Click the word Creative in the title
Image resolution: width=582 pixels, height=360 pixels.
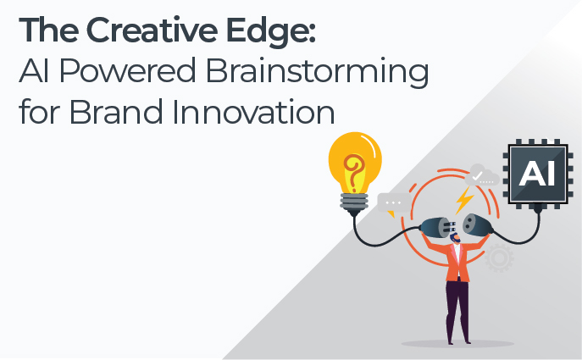[152, 30]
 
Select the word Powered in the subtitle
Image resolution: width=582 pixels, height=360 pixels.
[127, 70]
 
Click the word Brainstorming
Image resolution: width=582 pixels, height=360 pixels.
[318, 73]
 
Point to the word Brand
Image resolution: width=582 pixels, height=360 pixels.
[116, 111]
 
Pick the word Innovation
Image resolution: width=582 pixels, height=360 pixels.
[253, 111]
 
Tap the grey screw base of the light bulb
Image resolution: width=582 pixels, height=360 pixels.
[354, 202]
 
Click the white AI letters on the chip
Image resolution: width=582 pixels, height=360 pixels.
[537, 174]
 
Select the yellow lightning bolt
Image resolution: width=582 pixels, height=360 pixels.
[464, 200]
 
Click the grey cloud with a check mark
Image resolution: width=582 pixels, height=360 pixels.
[481, 175]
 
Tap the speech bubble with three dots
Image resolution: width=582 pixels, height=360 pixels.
[393, 203]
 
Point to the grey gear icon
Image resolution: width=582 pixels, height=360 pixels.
[499, 258]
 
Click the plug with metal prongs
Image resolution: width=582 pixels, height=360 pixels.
[438, 228]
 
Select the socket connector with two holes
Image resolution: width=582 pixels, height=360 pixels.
[478, 225]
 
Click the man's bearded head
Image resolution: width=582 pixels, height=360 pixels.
[455, 238]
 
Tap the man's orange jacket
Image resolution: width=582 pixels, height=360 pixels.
[457, 259]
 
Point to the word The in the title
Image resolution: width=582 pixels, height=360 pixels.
[48, 30]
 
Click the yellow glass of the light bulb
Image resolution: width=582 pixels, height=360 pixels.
[355, 163]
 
